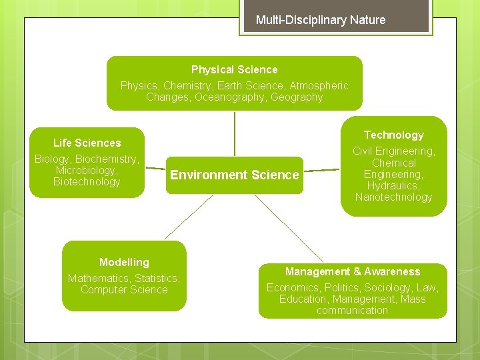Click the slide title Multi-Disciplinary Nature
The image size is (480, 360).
(x=321, y=20)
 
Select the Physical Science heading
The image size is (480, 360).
(x=234, y=69)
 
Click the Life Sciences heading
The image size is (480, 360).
(x=87, y=143)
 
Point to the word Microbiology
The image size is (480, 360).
(x=87, y=170)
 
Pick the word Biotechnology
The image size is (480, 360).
(x=87, y=182)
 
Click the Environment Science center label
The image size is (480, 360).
(x=234, y=175)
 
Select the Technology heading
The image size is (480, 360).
(x=393, y=135)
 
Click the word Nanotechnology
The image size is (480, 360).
(x=393, y=197)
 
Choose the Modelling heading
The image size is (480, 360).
(x=124, y=262)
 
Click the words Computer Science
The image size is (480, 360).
(x=124, y=289)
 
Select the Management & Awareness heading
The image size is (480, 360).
(x=353, y=271)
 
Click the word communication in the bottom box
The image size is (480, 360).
(x=352, y=310)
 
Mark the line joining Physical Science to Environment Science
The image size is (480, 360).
(x=235, y=133)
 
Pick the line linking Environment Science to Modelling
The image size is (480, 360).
(x=189, y=217)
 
